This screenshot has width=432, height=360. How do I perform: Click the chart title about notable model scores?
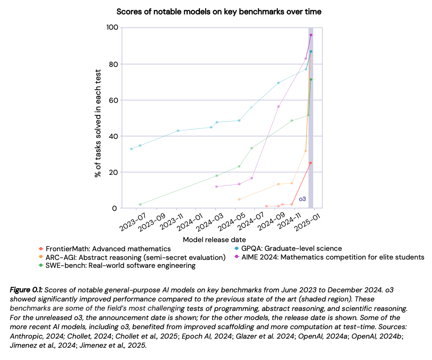tap(219, 12)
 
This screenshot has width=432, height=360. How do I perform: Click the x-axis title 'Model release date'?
tap(214, 240)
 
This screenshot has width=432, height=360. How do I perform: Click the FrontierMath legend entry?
tap(108, 249)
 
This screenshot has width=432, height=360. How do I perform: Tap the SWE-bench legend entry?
tap(120, 266)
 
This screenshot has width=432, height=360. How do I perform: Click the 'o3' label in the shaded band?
tap(303, 199)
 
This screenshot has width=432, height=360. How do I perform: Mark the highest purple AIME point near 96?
tap(311, 35)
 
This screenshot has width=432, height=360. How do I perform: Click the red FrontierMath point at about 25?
tap(310, 163)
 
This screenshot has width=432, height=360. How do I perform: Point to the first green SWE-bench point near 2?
tap(140, 205)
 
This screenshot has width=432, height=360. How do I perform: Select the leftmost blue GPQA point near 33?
tap(131, 149)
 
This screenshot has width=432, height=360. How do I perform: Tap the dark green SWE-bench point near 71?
tap(311, 80)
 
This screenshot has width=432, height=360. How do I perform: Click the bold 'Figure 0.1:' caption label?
tap(28, 290)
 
